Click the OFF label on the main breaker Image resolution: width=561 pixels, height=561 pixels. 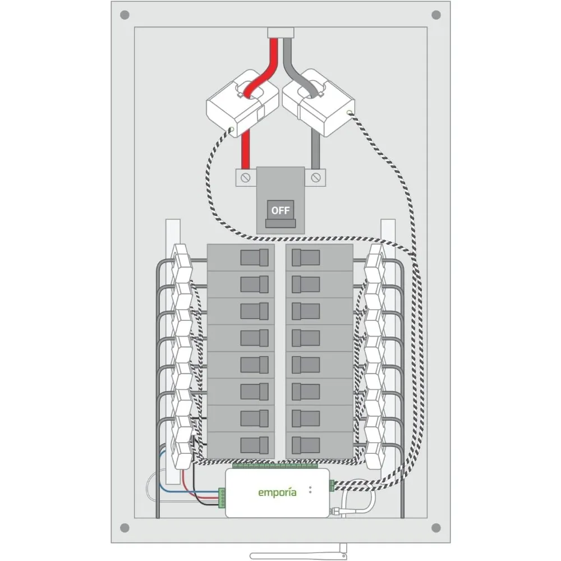point(280,210)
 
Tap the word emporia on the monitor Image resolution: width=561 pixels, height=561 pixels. point(277,493)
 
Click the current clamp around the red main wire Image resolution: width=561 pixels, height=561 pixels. point(242,102)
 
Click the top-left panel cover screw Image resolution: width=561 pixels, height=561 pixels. point(125,15)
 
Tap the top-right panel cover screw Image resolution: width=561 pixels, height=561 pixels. point(436,15)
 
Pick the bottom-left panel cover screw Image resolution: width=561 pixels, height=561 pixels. point(125,528)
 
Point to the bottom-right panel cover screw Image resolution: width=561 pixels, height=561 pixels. point(436,528)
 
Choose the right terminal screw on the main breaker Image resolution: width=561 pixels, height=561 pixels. point(316,178)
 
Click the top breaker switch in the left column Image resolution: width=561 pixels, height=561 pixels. point(254,257)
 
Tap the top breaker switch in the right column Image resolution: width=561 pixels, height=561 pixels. point(306,257)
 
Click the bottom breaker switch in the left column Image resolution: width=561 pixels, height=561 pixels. point(254,445)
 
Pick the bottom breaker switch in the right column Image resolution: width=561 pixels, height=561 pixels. point(306,445)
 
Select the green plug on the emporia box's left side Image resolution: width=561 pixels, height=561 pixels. point(222,495)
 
